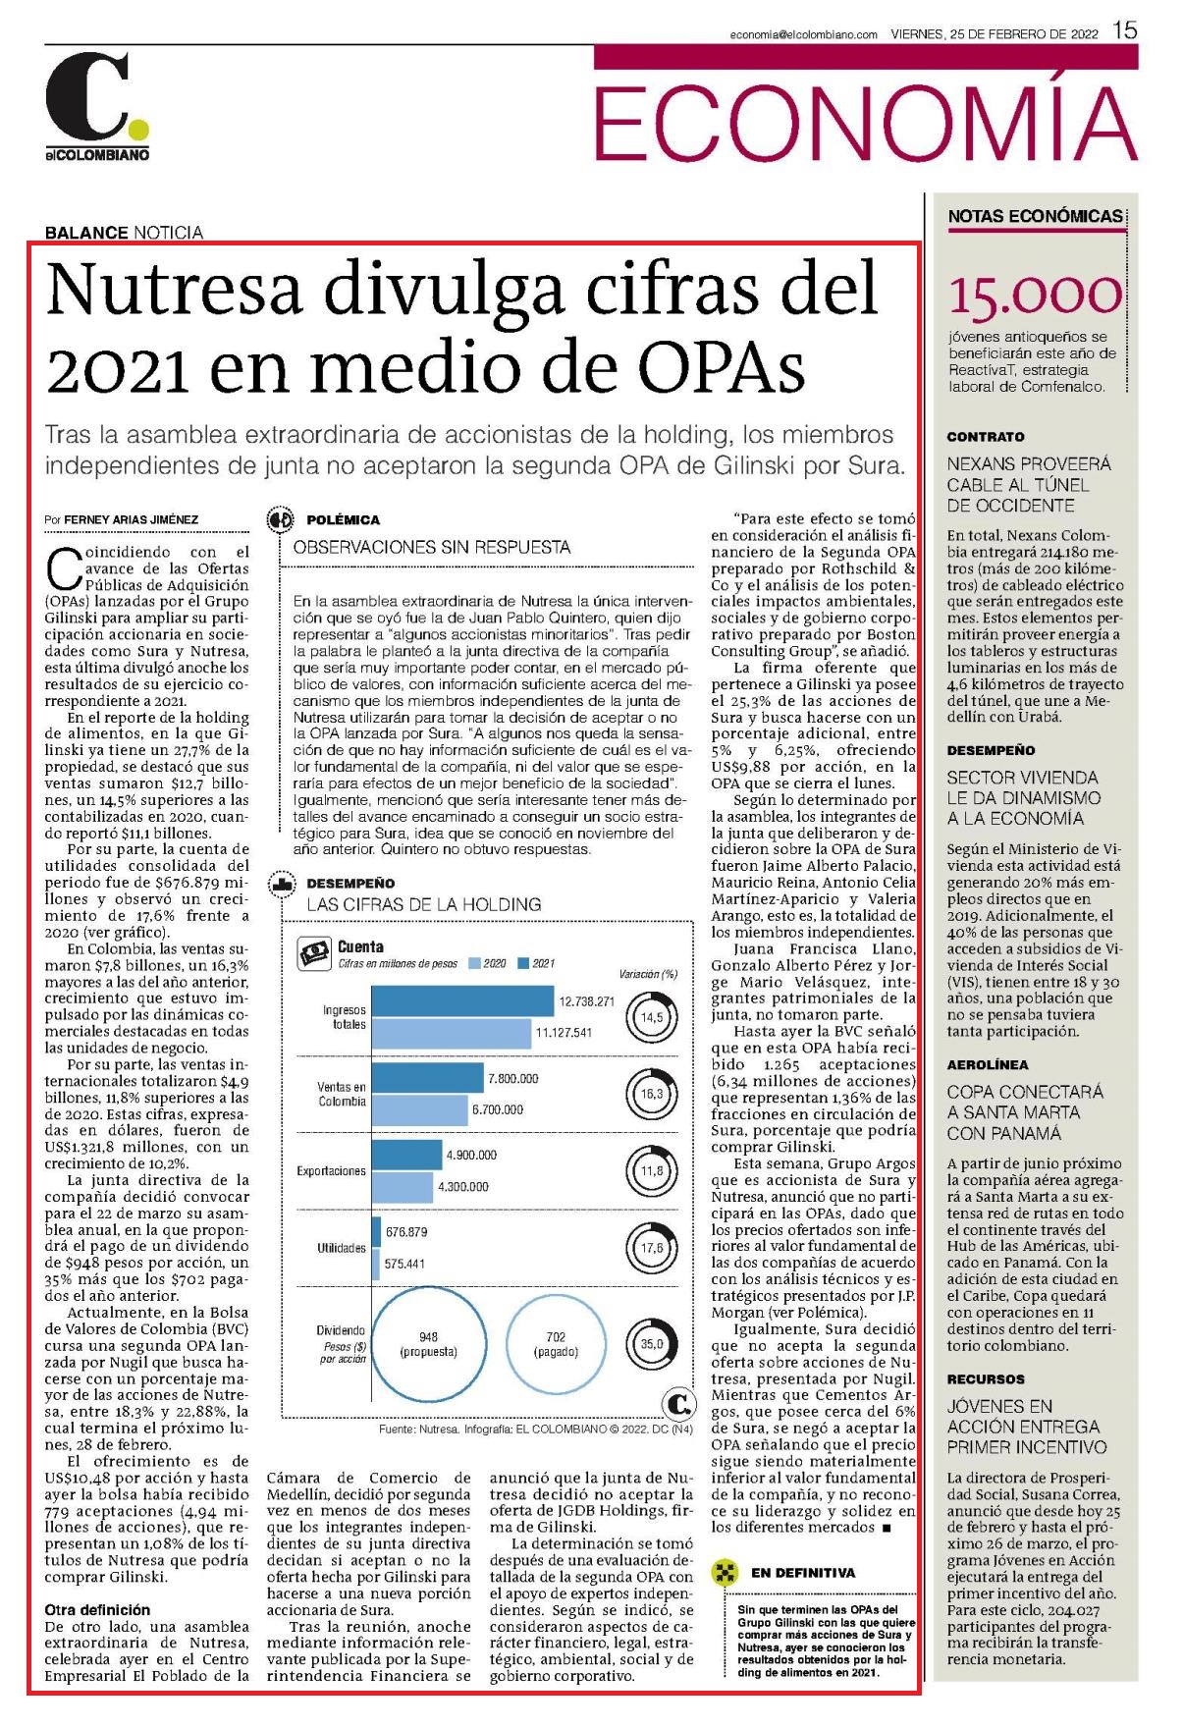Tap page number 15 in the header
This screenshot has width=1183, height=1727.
click(1125, 30)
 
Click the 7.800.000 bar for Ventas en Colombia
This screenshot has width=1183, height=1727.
click(428, 1078)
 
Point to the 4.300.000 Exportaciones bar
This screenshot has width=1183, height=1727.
click(403, 1187)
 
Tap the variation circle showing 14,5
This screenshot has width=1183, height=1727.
click(652, 1017)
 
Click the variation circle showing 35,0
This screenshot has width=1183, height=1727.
click(652, 1344)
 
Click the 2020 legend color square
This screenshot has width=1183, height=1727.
click(475, 963)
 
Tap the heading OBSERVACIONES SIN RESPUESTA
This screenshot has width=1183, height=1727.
click(432, 547)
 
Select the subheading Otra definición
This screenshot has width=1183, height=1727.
click(98, 1609)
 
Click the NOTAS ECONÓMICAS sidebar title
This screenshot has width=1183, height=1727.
click(1035, 216)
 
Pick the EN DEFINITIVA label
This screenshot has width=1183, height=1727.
click(803, 1572)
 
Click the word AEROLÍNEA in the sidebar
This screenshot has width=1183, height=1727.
click(988, 1064)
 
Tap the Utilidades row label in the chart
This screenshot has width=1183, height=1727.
click(341, 1248)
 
